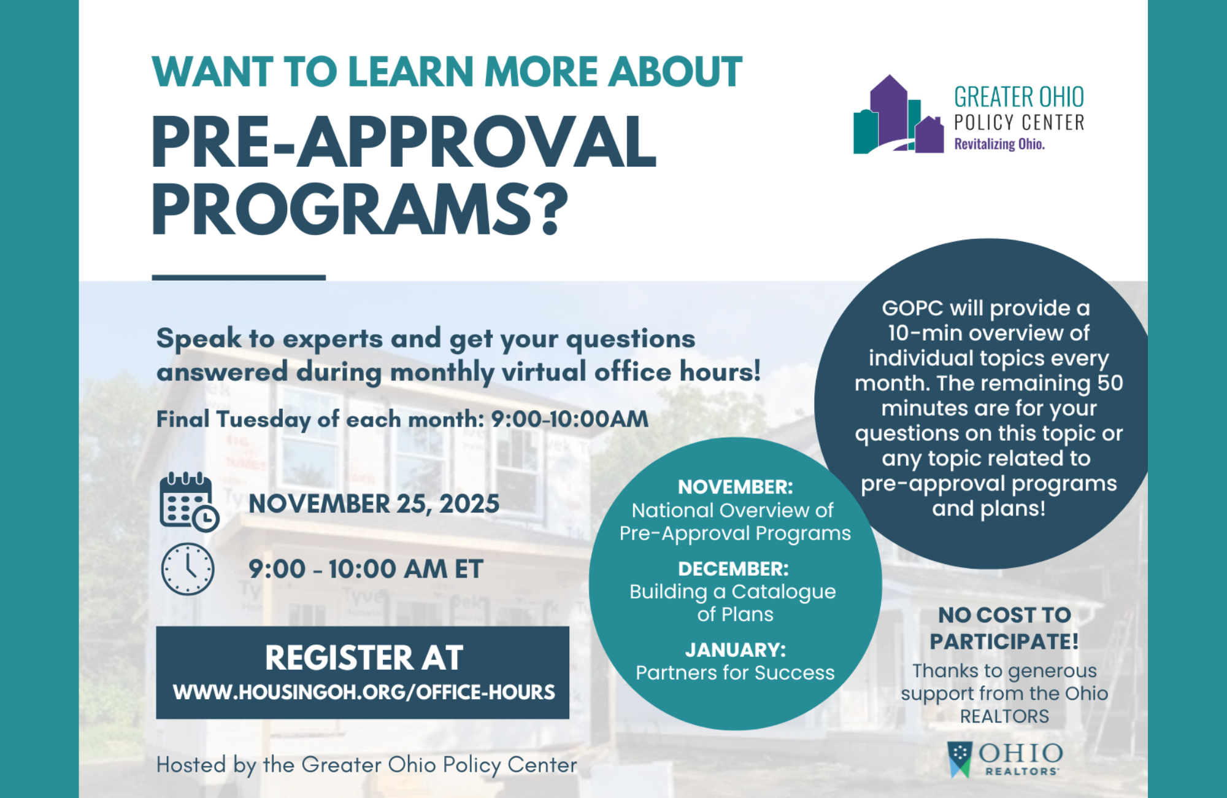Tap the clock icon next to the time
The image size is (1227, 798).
tap(188, 569)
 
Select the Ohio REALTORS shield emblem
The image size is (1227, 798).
tap(960, 759)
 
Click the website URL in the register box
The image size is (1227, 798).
tap(364, 692)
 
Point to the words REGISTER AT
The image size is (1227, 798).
tap(364, 658)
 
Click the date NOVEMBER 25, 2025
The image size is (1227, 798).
tap(374, 504)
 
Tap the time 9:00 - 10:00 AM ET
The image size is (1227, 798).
tap(366, 569)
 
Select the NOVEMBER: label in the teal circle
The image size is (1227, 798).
tap(735, 487)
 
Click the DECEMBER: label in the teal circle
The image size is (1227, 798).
tap(733, 569)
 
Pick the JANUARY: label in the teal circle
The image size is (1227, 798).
tap(735, 650)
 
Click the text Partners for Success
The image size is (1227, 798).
tap(735, 673)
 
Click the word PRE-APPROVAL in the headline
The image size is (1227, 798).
tap(403, 142)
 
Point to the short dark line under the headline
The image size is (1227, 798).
tap(239, 278)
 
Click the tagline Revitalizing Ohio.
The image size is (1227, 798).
tap(999, 144)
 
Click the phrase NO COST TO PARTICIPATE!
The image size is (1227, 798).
tap(1004, 628)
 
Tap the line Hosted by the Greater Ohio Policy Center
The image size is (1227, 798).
tap(366, 765)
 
